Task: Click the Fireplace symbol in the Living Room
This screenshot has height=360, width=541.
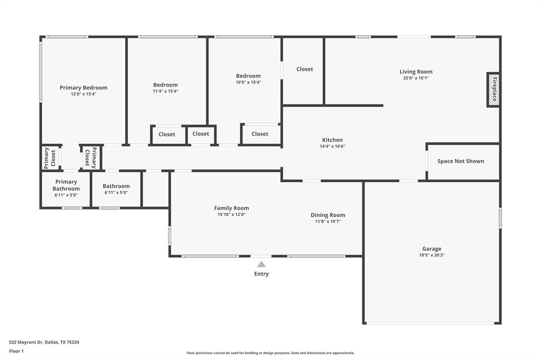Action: tap(493, 90)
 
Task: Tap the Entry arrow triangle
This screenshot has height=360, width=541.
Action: tap(262, 264)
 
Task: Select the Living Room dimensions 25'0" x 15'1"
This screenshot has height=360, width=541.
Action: tap(416, 78)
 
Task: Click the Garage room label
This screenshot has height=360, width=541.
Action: tap(432, 249)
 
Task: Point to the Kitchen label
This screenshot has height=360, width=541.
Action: tap(332, 140)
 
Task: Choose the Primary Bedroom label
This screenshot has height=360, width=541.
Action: tap(83, 88)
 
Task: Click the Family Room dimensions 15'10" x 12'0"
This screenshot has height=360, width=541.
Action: tap(231, 214)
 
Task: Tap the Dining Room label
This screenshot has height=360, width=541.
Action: tap(328, 215)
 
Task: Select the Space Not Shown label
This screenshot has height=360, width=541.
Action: tap(461, 161)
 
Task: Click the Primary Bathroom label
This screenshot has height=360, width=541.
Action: tap(66, 185)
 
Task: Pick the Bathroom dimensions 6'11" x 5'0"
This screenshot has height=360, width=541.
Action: tap(116, 192)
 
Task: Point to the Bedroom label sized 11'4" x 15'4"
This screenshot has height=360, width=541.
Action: tap(165, 84)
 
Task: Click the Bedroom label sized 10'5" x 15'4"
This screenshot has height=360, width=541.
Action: tap(248, 76)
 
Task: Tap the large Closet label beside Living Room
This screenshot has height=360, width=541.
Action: tap(304, 69)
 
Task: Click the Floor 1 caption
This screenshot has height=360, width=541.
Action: tap(16, 351)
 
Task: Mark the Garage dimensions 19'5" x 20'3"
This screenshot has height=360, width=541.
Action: tap(432, 255)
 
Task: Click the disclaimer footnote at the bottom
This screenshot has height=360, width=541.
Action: tap(270, 353)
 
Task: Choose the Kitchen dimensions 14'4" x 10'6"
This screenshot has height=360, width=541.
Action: tap(332, 146)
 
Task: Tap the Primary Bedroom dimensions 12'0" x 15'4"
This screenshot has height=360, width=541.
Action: tap(83, 94)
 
